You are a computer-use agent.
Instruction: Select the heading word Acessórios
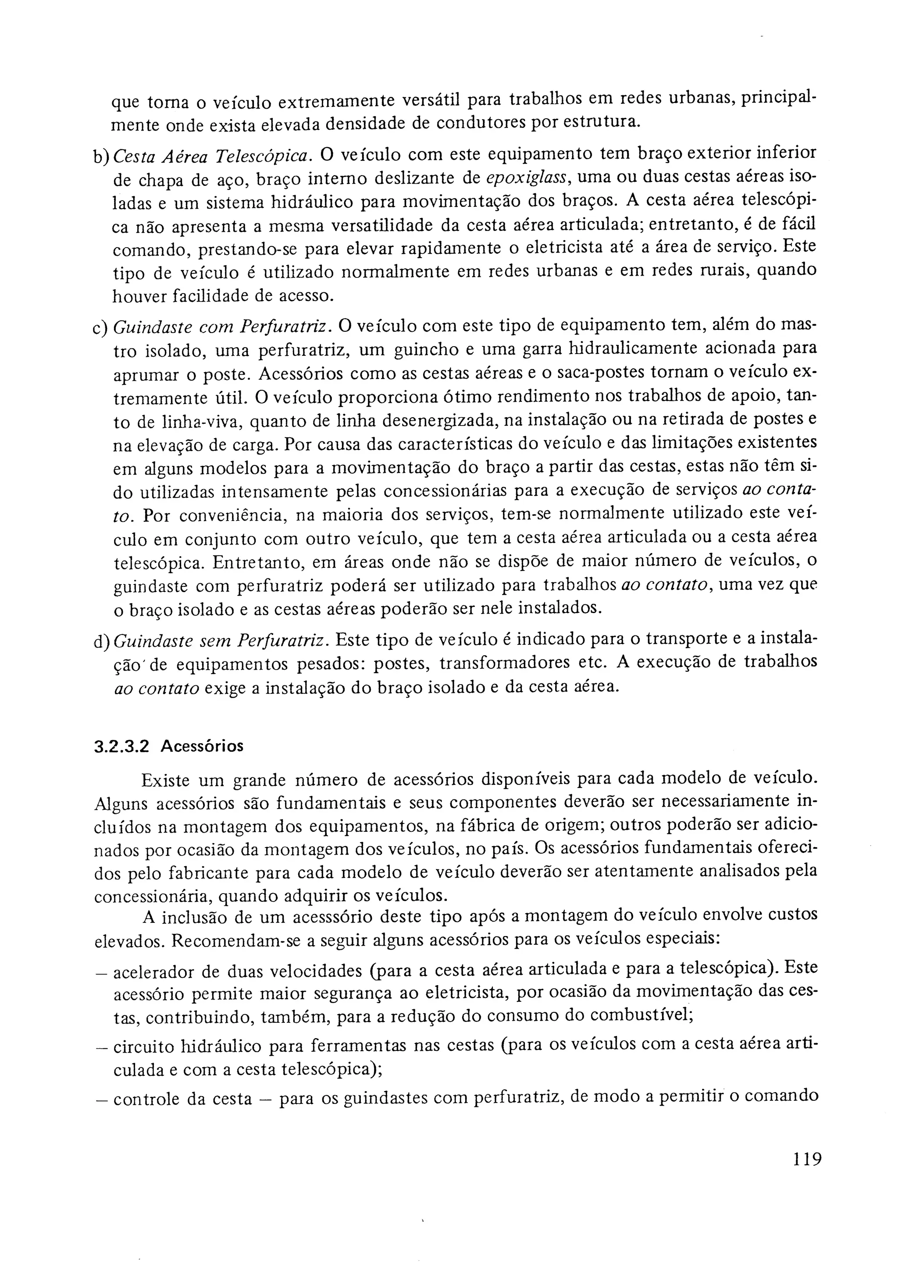click(x=202, y=746)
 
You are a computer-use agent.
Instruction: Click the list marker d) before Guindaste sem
click(x=102, y=642)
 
